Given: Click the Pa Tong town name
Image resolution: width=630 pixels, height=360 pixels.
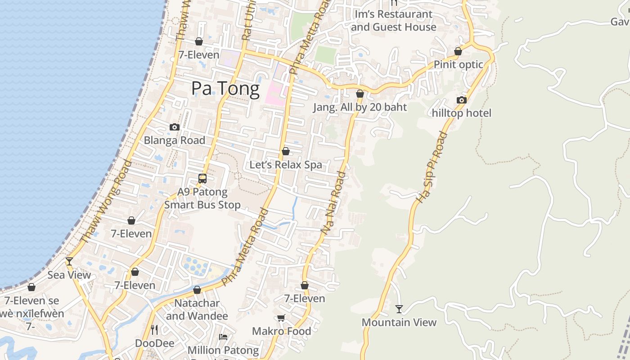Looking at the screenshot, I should [225, 89].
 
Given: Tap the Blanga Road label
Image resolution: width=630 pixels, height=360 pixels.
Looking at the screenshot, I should [174, 140].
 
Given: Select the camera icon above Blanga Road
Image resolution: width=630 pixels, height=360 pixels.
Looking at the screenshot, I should [175, 127].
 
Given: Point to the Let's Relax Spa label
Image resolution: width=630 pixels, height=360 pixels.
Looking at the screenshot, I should [286, 165].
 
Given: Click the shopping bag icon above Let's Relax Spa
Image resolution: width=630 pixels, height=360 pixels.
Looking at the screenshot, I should [286, 151].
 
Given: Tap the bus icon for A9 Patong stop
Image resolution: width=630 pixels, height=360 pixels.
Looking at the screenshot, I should [202, 179].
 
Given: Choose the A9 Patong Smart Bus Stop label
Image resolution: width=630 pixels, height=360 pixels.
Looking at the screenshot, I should [202, 198].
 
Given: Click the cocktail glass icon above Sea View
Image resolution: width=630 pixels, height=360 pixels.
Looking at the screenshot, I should [69, 261].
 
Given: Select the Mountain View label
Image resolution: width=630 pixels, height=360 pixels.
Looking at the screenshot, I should [399, 322].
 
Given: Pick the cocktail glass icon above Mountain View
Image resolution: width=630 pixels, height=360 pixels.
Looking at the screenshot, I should [399, 309].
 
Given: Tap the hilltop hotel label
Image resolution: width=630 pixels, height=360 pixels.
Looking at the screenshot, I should [462, 113].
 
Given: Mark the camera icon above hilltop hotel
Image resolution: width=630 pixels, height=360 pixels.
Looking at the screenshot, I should [462, 100].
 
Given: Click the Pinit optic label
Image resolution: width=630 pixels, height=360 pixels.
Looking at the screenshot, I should [458, 64].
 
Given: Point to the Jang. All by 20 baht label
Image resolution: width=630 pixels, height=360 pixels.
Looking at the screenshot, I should [360, 107].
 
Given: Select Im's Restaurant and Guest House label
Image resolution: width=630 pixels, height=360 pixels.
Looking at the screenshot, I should [394, 21].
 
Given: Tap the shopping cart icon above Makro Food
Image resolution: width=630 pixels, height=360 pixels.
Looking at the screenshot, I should [281, 318].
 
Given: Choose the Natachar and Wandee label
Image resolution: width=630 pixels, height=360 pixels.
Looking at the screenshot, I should [197, 310].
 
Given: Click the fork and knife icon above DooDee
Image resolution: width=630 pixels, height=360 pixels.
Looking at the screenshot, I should [154, 330].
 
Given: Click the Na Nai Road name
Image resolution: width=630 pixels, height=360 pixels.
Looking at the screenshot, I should [333, 202].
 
